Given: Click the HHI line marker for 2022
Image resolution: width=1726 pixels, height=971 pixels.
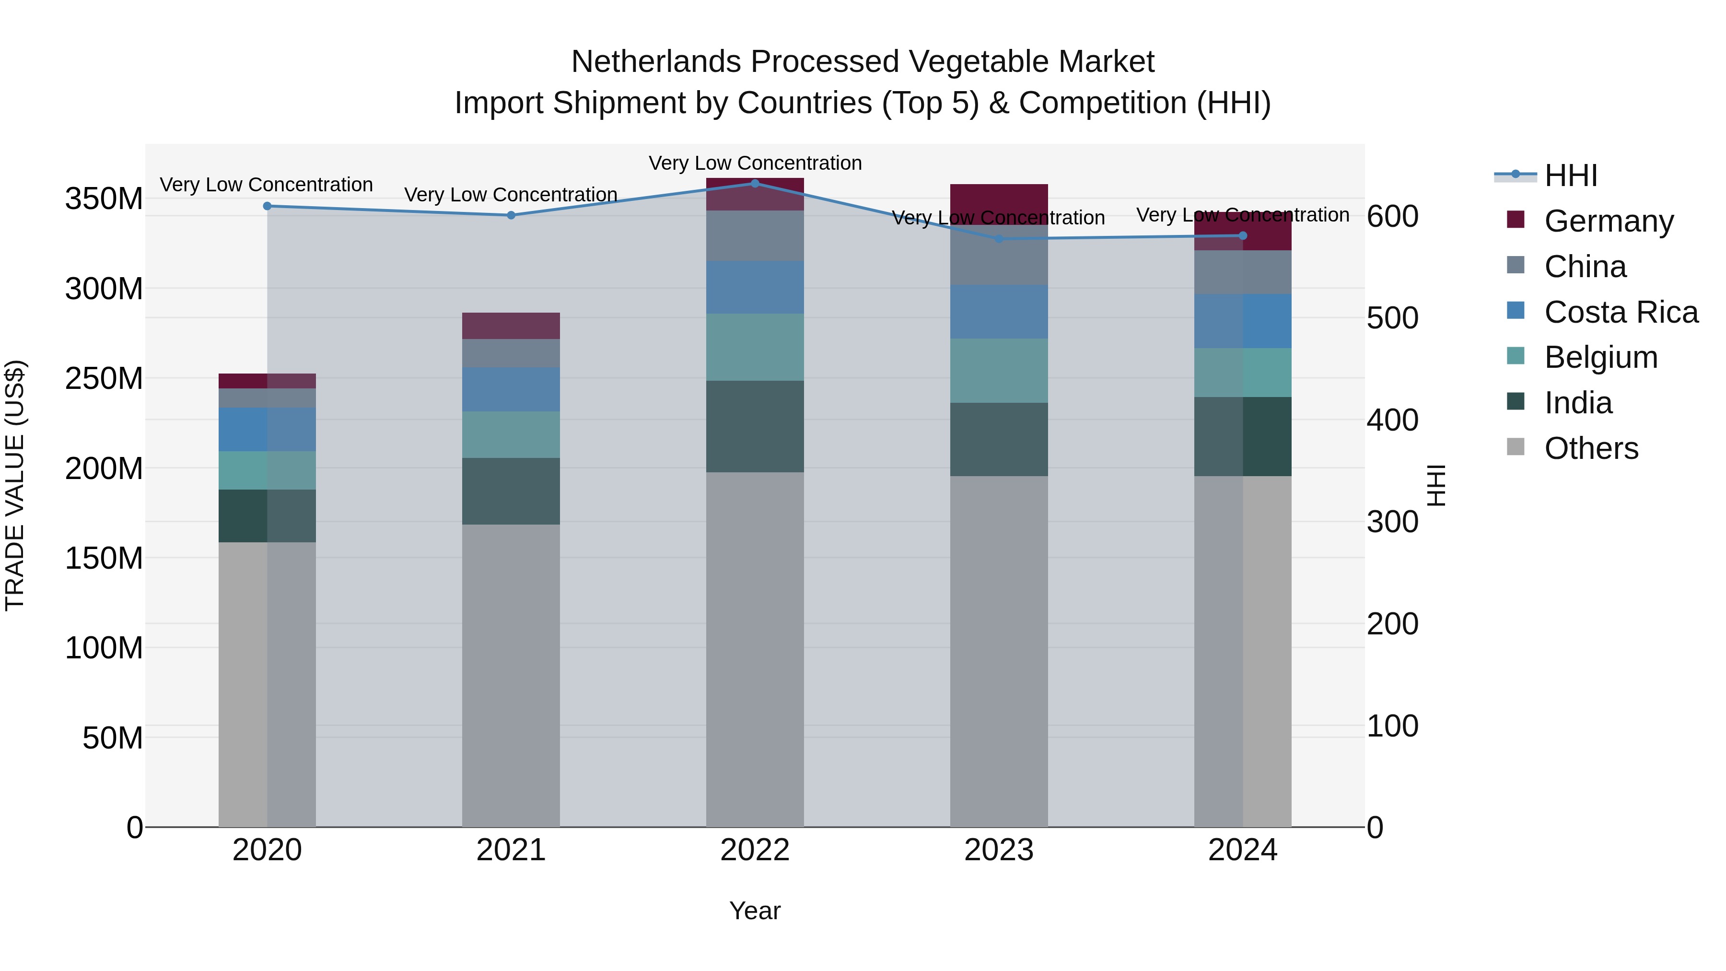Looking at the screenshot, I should [755, 183].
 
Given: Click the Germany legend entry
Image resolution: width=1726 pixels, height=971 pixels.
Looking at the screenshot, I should [1608, 221].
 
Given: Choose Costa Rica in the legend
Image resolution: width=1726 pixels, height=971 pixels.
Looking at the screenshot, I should [1620, 312].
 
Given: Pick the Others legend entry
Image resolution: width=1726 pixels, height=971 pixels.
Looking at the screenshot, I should [1591, 448].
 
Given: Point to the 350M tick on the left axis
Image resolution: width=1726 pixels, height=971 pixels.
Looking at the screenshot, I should [104, 199].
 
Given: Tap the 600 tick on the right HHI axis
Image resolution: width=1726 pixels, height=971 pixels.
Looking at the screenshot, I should [1392, 216].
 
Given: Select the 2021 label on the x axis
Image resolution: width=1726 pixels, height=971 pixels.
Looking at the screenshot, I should [511, 850].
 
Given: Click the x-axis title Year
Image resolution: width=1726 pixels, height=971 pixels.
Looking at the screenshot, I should [755, 911].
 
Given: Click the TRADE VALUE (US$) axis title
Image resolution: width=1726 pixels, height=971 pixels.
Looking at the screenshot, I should [15, 485].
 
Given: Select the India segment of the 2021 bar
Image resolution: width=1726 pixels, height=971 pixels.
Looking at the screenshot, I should [511, 491].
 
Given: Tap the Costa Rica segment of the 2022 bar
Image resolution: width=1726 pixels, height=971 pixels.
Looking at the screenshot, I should [755, 287].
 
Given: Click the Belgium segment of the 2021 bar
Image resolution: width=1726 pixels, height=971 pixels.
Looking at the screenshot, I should [511, 434].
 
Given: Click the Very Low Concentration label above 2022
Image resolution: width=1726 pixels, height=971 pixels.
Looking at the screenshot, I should [755, 163].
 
